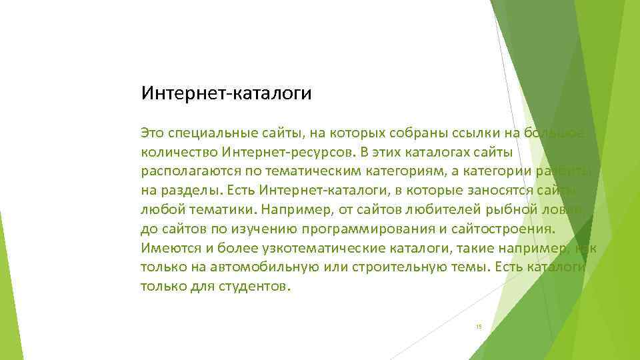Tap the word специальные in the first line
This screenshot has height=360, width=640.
[x=214, y=133]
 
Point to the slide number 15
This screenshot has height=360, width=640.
[x=478, y=326]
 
